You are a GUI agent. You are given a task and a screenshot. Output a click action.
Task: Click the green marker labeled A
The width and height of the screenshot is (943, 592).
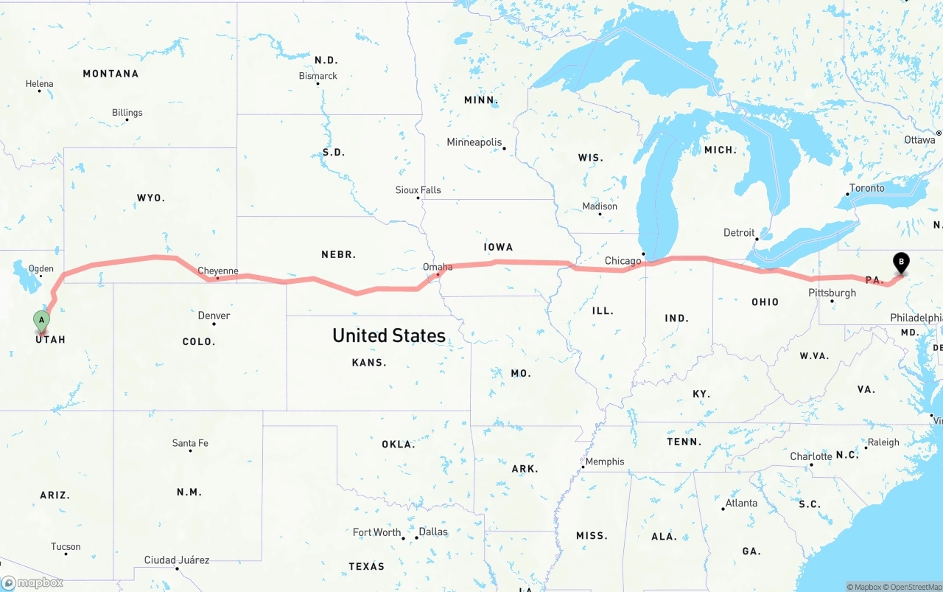(42, 321)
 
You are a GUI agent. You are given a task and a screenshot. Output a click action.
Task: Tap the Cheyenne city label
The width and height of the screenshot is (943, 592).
(218, 271)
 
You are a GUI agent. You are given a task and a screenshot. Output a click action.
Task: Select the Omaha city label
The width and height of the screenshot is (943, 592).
(438, 267)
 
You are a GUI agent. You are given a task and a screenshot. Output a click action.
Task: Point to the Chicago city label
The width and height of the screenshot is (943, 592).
(623, 261)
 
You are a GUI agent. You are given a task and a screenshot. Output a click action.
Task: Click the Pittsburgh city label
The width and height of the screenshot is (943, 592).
(832, 293)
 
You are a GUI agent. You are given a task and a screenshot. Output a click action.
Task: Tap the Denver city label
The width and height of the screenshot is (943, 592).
(214, 316)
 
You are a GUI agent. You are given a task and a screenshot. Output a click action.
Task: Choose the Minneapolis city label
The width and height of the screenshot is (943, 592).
(474, 142)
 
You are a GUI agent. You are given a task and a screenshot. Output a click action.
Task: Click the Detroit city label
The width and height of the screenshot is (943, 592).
(739, 232)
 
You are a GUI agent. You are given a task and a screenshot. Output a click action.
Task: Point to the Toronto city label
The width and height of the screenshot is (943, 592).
(867, 188)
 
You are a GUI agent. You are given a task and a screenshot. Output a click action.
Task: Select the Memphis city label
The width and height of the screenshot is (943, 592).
(605, 462)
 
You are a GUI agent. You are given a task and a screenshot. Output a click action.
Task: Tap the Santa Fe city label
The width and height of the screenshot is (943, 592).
(190, 443)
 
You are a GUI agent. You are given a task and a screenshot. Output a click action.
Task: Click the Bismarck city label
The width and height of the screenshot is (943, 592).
(318, 76)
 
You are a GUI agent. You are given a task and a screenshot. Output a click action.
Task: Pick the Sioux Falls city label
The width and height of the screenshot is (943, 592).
(418, 190)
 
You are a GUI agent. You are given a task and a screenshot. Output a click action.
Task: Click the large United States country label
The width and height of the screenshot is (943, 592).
(389, 335)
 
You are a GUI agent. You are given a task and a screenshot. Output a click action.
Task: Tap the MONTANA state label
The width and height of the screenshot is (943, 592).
(111, 74)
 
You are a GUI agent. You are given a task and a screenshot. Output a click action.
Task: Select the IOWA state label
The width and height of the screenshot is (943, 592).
(499, 247)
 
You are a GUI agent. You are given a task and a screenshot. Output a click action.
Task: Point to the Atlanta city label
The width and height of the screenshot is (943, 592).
(741, 503)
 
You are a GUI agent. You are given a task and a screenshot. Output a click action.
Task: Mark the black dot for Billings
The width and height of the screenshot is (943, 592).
(127, 120)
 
